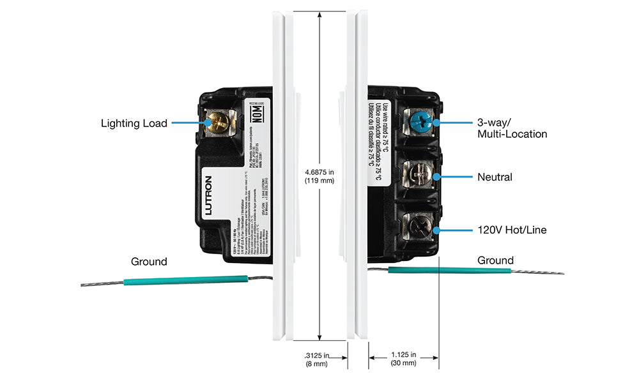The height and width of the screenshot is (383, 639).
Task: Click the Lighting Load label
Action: pyautogui.click(x=134, y=123)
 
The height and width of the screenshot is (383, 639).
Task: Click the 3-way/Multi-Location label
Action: pyautogui.click(x=512, y=128)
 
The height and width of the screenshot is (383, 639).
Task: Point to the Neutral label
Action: pyautogui.click(x=495, y=177)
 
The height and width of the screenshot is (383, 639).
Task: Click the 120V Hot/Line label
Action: pyautogui.click(x=512, y=229)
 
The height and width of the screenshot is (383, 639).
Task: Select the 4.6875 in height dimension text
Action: pyautogui.click(x=320, y=176)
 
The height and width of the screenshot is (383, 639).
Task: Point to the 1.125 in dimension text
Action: pyautogui.click(x=404, y=359)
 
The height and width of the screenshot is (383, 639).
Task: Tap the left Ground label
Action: pyautogui.click(x=149, y=262)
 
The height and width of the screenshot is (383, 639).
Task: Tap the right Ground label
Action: pyautogui.click(x=495, y=260)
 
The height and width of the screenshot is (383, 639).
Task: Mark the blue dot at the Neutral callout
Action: pyautogui.click(x=436, y=176)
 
